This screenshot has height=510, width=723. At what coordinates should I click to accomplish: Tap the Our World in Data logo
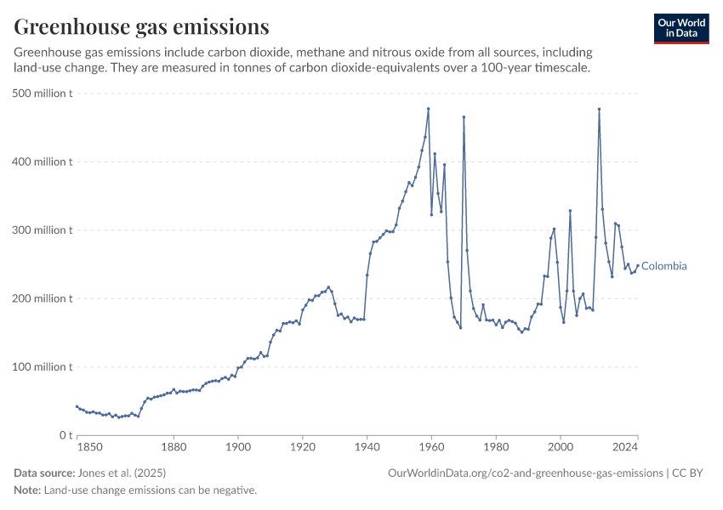(x=681, y=28)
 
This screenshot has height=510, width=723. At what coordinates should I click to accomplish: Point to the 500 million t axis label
(x=43, y=93)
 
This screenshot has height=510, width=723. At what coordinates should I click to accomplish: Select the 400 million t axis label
(x=43, y=161)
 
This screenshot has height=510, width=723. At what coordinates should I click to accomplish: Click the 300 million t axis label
(x=43, y=229)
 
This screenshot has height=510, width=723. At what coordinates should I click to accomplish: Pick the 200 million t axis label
(x=43, y=298)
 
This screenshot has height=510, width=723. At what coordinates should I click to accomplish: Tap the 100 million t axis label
(x=43, y=366)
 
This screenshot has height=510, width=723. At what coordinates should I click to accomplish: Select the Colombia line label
(x=664, y=266)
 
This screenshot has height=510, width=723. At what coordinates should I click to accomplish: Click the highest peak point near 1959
(x=428, y=109)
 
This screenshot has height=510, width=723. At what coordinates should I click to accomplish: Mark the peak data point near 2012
(x=599, y=109)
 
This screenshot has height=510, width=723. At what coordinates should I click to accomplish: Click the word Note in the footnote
(x=27, y=490)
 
